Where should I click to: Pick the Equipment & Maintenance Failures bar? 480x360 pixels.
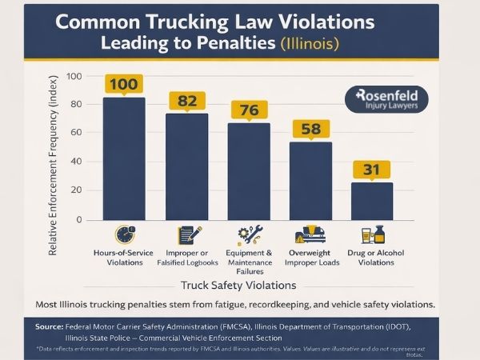tap(249, 171)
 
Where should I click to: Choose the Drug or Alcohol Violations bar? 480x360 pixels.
tap(372, 201)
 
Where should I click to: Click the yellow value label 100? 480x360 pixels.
tap(124, 84)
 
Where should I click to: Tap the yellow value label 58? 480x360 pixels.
tap(311, 129)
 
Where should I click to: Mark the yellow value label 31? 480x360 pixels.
tap(372, 169)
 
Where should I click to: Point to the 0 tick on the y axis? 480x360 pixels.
tap(79, 219)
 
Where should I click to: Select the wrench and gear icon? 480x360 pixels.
tap(249, 234)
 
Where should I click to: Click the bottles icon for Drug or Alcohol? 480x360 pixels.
tap(373, 235)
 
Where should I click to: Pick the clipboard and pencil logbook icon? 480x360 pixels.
tap(189, 234)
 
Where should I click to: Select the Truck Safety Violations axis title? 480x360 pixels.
tap(239, 285)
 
